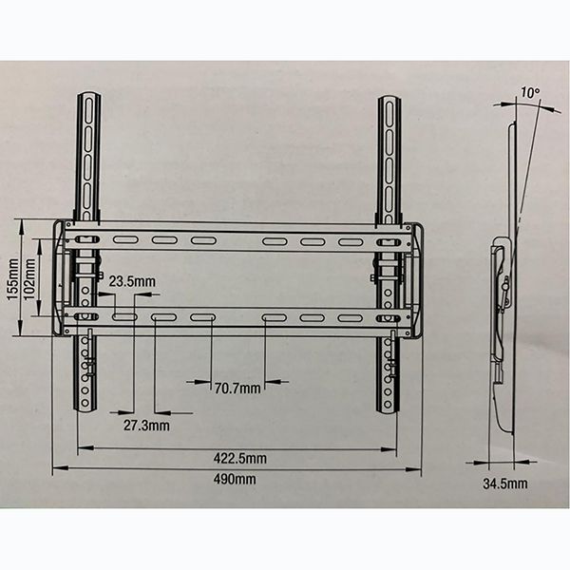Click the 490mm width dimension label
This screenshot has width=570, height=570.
click(235, 479)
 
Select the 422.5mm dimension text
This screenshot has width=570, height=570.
click(240, 458)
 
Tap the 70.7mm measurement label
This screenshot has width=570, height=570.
click(237, 389)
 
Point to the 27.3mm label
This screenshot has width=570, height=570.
click(146, 426)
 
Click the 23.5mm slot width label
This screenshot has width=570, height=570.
click(132, 281)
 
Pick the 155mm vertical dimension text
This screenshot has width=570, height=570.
click(13, 279)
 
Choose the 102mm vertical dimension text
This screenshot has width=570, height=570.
click(29, 279)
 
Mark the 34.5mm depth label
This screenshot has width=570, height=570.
click(505, 484)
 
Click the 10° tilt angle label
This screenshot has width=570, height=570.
click(530, 92)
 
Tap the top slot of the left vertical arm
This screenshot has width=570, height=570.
click(88, 108)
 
